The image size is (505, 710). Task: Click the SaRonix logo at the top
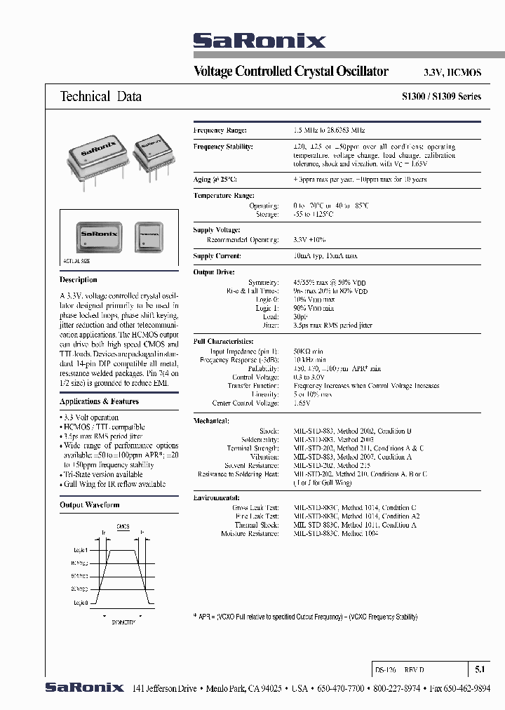click(259, 41)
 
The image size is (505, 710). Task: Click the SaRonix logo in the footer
click(84, 688)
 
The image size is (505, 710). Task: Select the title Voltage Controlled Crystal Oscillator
click(290, 72)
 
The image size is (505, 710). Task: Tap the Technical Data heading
click(101, 97)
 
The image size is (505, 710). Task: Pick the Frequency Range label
click(220, 130)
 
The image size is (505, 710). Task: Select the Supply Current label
click(217, 256)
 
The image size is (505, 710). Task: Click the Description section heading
click(79, 280)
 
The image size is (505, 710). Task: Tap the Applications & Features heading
click(99, 401)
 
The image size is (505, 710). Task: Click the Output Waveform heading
click(89, 504)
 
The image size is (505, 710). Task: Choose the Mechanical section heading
click(211, 421)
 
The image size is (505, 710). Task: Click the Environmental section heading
click(217, 497)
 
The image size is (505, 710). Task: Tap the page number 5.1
click(479, 670)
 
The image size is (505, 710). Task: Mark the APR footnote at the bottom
click(305, 617)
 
